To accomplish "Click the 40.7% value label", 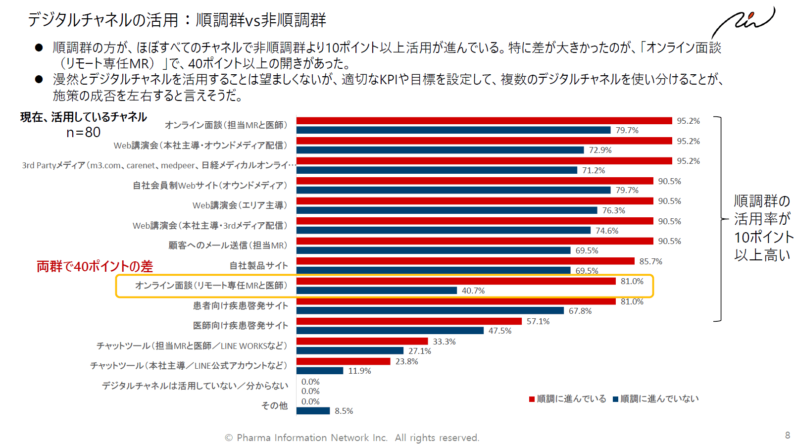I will [473, 291].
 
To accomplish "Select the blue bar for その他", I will [313, 411].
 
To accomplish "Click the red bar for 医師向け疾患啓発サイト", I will [409, 321].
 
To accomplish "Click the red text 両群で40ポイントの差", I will [95, 266].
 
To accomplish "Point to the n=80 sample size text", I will [83, 132].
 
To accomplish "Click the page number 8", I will [787, 435].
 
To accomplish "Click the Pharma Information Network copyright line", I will [352, 438].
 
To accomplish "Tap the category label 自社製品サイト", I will [258, 266].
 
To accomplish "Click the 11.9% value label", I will [359, 371].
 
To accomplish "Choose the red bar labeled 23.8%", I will [343, 361].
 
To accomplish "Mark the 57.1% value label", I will [538, 321].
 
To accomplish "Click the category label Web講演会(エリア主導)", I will [240, 205].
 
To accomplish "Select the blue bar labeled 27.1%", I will [349, 351].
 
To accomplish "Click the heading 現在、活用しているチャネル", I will [83, 117].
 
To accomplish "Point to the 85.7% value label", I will [650, 261].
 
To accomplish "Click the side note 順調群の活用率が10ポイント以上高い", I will [762, 228].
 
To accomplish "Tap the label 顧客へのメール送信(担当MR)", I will [228, 246].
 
